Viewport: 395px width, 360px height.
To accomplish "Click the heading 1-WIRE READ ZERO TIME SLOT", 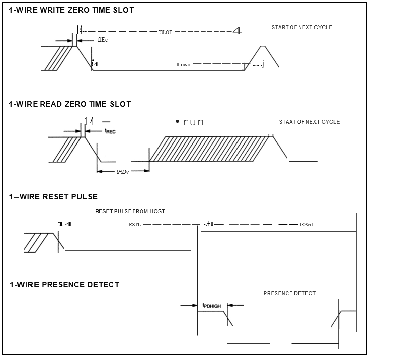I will (x=70, y=104).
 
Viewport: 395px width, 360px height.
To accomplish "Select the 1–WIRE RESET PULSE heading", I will (x=53, y=196).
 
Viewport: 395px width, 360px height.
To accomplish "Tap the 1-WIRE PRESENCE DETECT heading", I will (x=64, y=285).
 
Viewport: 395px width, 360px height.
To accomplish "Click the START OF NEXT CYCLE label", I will (x=302, y=27).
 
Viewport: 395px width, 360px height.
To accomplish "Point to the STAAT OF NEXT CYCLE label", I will (x=309, y=122).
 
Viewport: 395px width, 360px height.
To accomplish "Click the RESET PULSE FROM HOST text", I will (x=130, y=211).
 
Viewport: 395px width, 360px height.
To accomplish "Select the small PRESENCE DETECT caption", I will (x=290, y=293).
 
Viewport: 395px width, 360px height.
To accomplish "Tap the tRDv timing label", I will (x=122, y=172).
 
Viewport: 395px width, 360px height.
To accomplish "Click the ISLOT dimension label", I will (x=165, y=32).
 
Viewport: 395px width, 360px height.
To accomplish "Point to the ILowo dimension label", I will (x=183, y=65).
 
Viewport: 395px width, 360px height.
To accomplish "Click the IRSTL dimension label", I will (x=134, y=225).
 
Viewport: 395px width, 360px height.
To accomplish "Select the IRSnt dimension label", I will (x=306, y=225).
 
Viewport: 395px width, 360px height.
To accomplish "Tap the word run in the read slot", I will (x=193, y=122).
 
